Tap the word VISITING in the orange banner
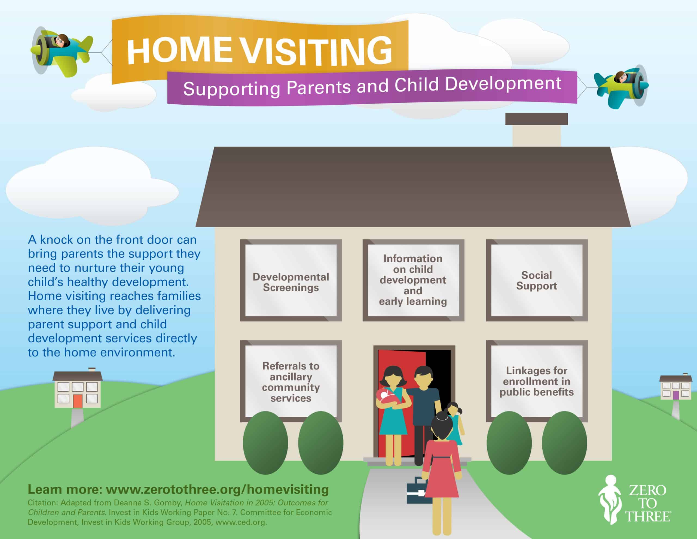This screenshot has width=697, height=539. tap(316, 51)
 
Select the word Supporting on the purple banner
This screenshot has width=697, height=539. tap(232, 89)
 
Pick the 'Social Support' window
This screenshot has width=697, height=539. tap(536, 280)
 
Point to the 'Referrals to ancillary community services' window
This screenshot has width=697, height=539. tap(291, 381)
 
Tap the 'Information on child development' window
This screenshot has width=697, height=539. tap(413, 280)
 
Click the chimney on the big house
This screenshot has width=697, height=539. tap(536, 131)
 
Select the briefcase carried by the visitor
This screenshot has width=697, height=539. tap(417, 492)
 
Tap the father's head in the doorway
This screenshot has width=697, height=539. tap(423, 377)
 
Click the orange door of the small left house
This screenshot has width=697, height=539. tap(78, 401)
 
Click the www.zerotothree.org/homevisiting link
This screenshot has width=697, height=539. tap(217, 489)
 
